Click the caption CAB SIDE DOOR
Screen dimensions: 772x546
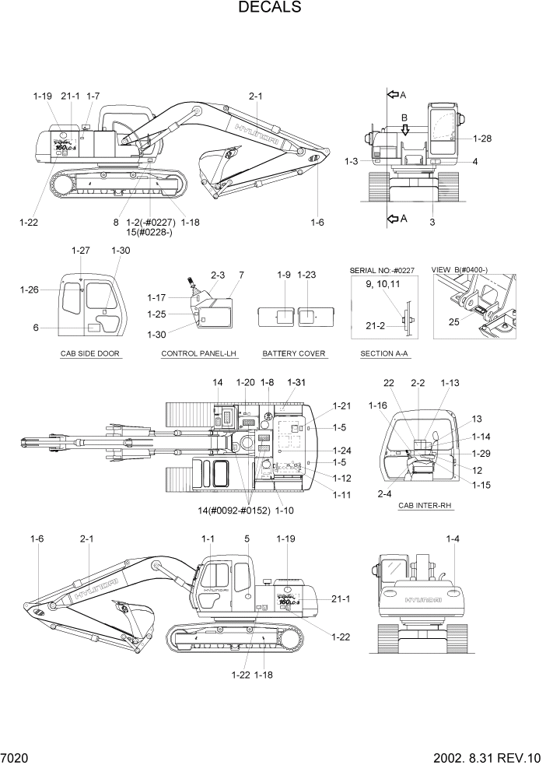point(91,354)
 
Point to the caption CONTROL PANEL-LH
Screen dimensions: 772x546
point(198,354)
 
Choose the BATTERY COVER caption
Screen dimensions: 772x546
point(294,354)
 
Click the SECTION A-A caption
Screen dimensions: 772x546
point(384,354)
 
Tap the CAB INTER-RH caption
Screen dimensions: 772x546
point(425,506)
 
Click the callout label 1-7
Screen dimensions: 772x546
point(93,96)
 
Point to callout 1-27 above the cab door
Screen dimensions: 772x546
point(81,251)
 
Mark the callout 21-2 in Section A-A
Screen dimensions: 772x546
point(377,326)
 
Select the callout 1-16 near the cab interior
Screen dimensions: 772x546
point(378,405)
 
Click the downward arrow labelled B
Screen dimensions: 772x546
point(404,128)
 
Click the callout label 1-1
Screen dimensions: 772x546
point(208,539)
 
